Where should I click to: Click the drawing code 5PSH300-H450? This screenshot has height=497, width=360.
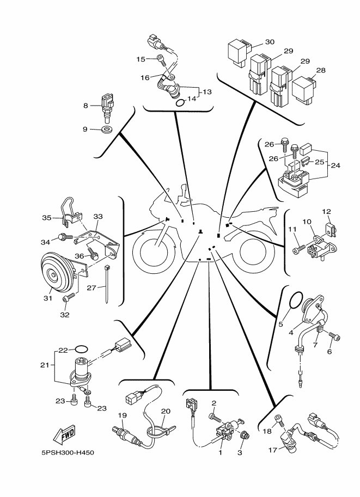(x=68, y=452)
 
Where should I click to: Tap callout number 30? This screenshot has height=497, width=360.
(x=270, y=42)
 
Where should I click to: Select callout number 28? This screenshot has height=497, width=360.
(x=321, y=70)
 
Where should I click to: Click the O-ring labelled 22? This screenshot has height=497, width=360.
(x=81, y=349)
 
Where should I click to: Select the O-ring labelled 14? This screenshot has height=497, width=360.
(x=180, y=103)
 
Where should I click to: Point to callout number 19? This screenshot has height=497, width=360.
(x=123, y=415)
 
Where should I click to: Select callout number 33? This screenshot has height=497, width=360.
(x=98, y=217)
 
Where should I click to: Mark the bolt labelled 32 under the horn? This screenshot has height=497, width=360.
(x=69, y=297)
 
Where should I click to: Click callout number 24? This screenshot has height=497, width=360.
(x=335, y=165)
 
